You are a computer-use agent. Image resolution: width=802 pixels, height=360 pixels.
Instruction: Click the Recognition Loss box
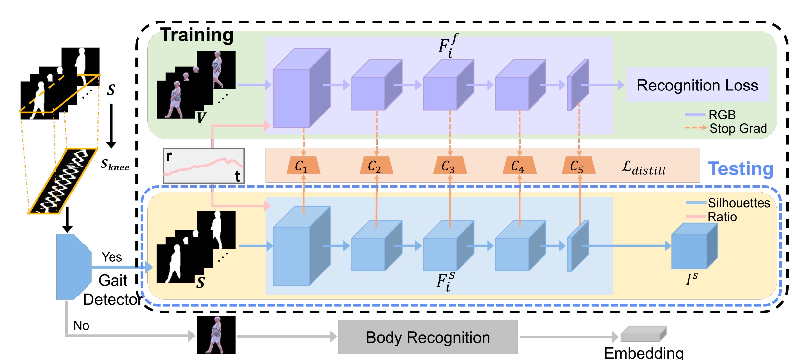(x=697, y=85)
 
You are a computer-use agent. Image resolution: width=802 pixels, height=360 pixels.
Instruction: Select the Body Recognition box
(x=428, y=337)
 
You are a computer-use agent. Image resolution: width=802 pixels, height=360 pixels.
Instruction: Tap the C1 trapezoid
(x=303, y=166)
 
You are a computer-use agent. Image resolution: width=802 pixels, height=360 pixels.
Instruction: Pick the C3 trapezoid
(x=449, y=166)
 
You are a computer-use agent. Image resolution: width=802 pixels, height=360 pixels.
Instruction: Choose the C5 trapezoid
(x=578, y=166)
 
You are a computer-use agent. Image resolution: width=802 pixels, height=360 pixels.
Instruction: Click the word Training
(x=197, y=35)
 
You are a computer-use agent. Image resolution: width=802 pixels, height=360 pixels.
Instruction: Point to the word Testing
(x=740, y=169)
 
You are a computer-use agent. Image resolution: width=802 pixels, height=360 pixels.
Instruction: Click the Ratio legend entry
(x=721, y=217)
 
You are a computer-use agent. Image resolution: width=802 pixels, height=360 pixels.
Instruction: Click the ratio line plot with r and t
(x=204, y=166)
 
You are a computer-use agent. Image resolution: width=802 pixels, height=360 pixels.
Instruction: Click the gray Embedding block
(x=643, y=334)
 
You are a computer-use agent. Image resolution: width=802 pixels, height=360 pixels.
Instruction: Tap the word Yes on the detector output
(x=112, y=257)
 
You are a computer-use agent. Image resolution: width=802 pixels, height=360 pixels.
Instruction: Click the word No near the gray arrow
(x=81, y=326)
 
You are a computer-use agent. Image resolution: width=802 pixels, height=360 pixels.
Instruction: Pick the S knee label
(x=114, y=164)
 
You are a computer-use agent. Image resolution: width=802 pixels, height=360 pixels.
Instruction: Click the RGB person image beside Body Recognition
(x=216, y=335)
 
